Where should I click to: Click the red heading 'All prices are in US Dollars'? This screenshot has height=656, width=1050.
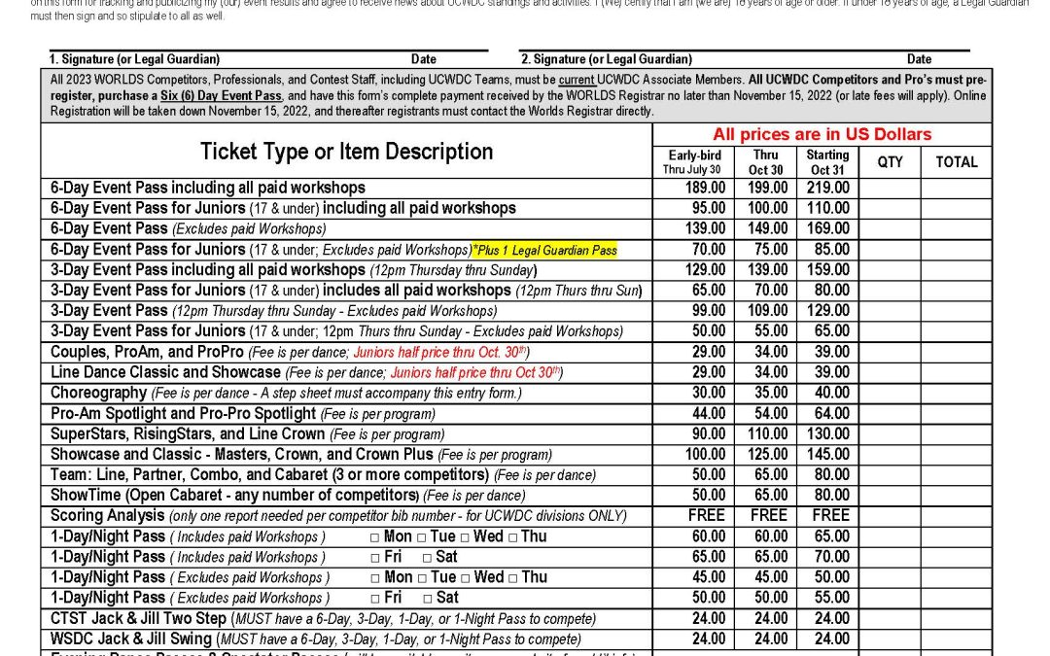[x=822, y=135]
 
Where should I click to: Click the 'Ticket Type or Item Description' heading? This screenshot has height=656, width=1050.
[x=346, y=152]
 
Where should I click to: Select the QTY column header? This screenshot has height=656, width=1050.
[x=890, y=162]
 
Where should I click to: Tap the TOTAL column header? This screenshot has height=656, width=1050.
[x=957, y=162]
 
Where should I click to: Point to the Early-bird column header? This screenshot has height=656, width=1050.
[x=694, y=161]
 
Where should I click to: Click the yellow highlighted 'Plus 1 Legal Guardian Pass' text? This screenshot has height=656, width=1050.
[x=544, y=250]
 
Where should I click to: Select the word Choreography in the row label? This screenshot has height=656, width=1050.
[x=98, y=393]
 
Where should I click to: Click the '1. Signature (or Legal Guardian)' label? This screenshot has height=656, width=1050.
[x=134, y=59]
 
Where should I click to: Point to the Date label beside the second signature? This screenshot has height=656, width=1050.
[x=919, y=59]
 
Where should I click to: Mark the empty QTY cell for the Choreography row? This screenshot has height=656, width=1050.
[x=890, y=393]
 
